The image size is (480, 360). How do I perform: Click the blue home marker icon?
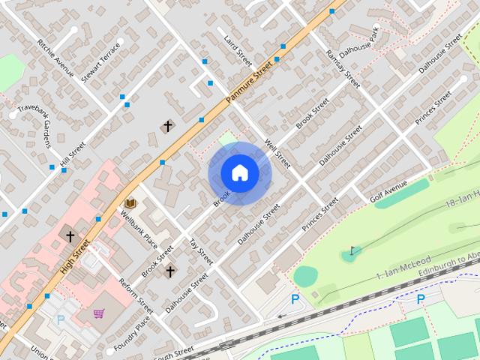pos(240,173)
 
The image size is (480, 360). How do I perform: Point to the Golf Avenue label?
pos(388,191)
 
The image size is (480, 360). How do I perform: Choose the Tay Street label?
pos(200,252)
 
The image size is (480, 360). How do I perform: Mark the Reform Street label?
pos(136,295)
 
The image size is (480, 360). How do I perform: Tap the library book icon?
pos(130,203)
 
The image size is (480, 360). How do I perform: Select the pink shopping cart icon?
pos(99,313)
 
